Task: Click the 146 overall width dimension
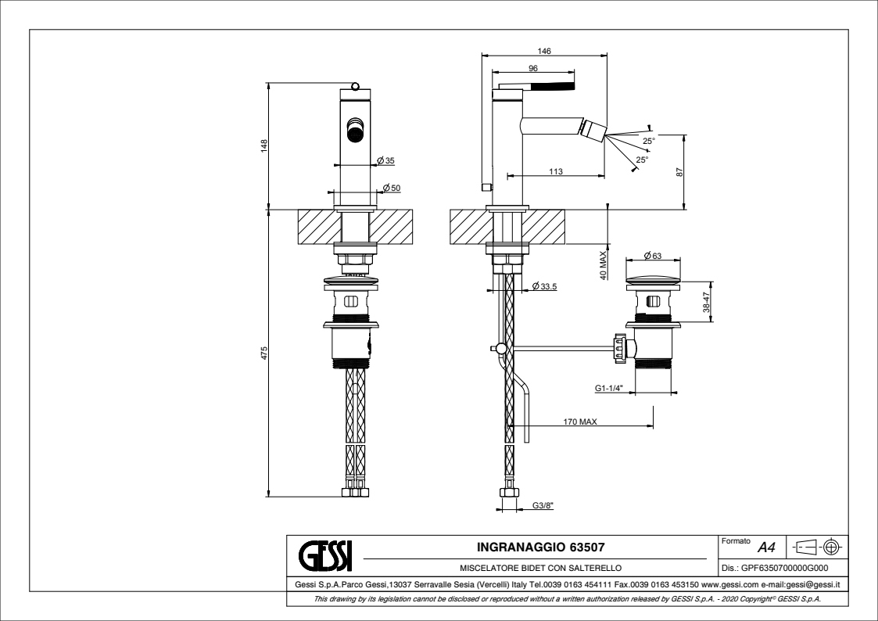click(545, 51)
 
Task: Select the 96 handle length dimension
click(533, 69)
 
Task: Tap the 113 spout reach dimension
click(556, 170)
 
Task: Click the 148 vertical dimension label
click(264, 145)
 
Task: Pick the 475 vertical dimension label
click(264, 353)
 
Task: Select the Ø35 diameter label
click(385, 160)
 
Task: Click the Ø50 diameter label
click(391, 188)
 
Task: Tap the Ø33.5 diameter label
click(543, 286)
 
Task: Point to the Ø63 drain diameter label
click(652, 256)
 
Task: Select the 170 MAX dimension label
click(580, 422)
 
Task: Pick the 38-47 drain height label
click(705, 303)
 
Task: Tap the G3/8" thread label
click(543, 505)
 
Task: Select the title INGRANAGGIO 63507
click(540, 545)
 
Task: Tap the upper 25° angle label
click(649, 141)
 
